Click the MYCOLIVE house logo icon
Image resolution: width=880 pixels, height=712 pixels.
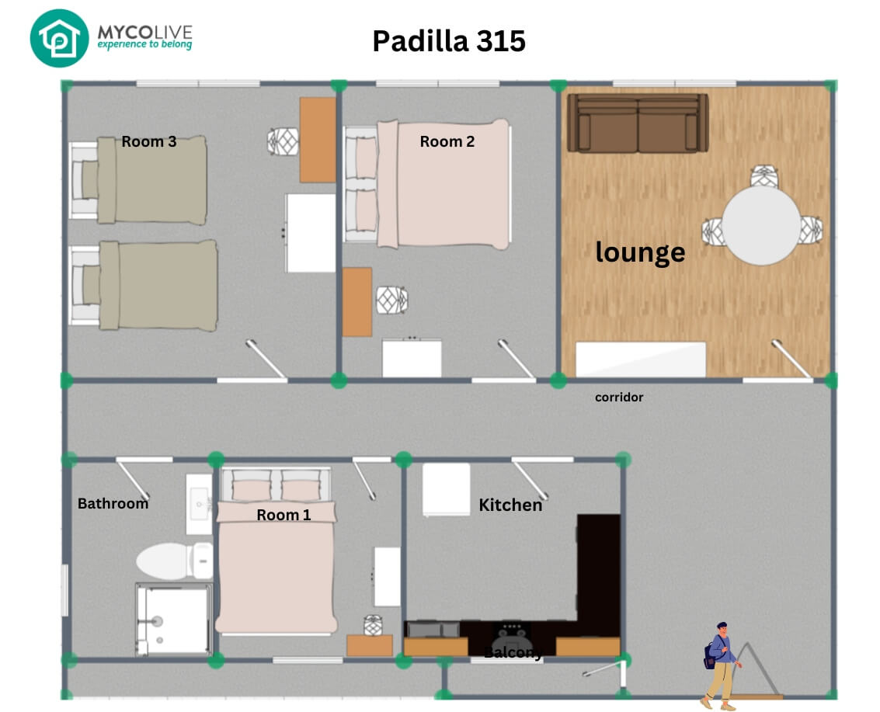[x=60, y=38]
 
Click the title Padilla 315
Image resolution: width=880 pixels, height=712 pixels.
[x=449, y=41]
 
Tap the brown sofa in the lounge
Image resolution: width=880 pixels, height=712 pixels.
[x=638, y=123]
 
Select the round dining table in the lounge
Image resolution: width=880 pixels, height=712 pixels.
[x=761, y=225]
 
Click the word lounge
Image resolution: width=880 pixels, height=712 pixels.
[x=640, y=252]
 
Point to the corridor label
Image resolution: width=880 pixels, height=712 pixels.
[x=619, y=398]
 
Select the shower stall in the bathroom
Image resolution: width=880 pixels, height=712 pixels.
[x=174, y=620]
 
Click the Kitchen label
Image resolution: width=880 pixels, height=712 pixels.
[x=510, y=505]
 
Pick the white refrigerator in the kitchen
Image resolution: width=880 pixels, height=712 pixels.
[x=446, y=489]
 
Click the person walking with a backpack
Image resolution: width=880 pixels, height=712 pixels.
[x=721, y=666]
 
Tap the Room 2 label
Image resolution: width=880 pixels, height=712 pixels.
[x=447, y=141]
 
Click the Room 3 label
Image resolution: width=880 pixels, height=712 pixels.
[x=148, y=141]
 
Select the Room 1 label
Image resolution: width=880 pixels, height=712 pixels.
[x=283, y=515]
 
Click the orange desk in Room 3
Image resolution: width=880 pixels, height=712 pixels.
[x=318, y=140]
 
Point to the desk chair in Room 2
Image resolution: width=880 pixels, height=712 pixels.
[x=391, y=300]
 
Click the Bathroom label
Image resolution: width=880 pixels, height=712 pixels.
[x=113, y=503]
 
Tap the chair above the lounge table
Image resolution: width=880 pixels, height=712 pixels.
[x=764, y=176]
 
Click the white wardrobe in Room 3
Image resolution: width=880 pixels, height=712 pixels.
[x=311, y=234]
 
